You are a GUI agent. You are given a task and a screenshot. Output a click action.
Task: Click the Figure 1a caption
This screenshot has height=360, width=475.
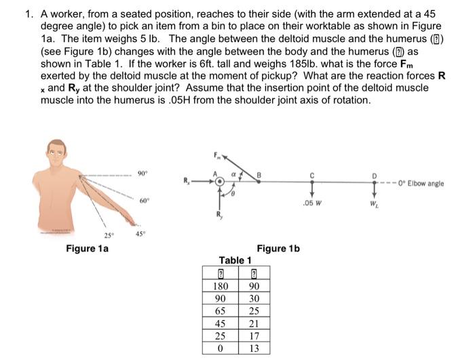pos(87,249)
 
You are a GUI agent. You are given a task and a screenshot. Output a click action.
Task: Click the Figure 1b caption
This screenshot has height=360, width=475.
pos(278,249)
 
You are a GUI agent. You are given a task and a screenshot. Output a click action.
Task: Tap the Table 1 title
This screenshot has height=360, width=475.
pos(235,260)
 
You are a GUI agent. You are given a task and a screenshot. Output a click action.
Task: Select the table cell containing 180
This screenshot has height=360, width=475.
pos(220,287)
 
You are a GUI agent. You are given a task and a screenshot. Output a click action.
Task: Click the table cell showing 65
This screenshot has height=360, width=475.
pos(220,311)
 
